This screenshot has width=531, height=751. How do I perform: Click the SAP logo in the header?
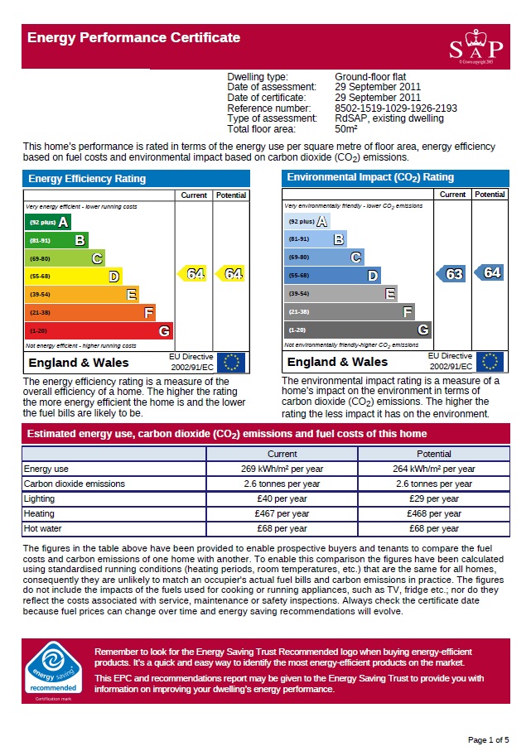[471, 47]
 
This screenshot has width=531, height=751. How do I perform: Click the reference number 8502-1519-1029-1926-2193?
[395, 108]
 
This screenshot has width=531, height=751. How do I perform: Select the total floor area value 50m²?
[346, 129]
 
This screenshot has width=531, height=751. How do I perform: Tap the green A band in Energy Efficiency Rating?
[49, 222]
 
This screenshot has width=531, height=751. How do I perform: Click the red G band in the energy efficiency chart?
[99, 331]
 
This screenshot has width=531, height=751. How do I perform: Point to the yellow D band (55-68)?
[74, 277]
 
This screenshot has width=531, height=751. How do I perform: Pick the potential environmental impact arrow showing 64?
[490, 272]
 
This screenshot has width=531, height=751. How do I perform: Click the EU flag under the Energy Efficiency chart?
[231, 363]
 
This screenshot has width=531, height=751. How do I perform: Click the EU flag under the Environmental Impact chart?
[489, 362]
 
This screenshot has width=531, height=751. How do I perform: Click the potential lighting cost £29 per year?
[433, 499]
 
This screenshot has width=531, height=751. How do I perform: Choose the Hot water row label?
[43, 529]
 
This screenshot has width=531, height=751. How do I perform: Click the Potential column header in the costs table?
[433, 454]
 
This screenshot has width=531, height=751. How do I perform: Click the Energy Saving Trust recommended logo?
[54, 669]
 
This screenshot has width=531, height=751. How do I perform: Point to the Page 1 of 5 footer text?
[488, 739]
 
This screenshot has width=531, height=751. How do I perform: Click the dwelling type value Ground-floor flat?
[370, 77]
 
